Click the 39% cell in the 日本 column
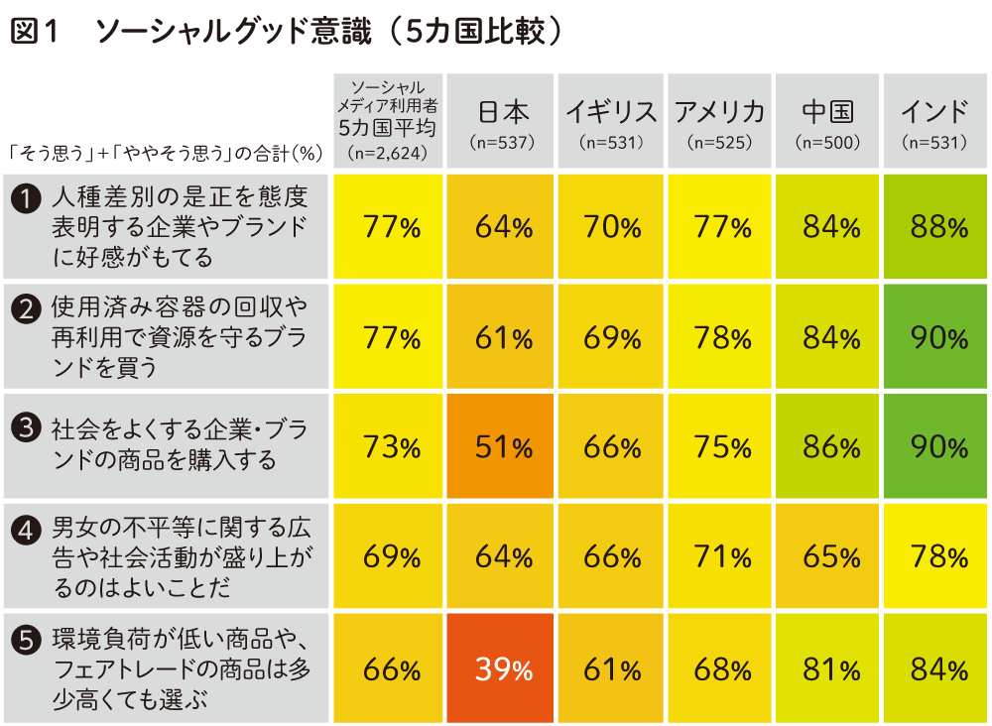(503, 669)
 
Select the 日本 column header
(503, 111)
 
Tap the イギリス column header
(612, 111)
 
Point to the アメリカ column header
(720, 111)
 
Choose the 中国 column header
(828, 111)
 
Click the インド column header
(934, 111)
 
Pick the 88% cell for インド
(938, 228)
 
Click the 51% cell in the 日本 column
(503, 447)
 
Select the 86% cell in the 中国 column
(830, 447)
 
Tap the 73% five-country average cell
(392, 447)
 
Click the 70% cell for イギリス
(612, 228)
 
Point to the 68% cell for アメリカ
(721, 669)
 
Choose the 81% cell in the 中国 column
(830, 669)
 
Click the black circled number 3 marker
(24, 426)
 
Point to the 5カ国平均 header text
(387, 126)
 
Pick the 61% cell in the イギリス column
(612, 669)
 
